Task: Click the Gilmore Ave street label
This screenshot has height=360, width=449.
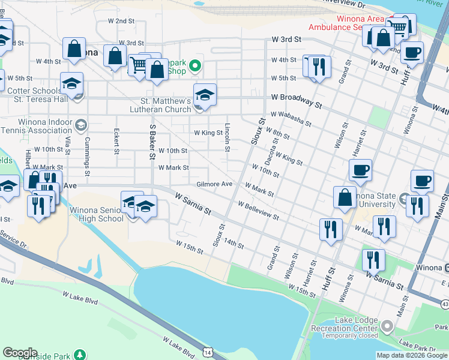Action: [x=214, y=184]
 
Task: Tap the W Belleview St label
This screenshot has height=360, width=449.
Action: [x=258, y=211]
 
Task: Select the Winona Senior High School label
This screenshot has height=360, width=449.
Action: [x=97, y=214]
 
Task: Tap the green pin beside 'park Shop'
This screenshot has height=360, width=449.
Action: [x=194, y=65]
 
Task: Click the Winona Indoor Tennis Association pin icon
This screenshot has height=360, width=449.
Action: [x=80, y=126]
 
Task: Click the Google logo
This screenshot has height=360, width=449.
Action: [x=20, y=353]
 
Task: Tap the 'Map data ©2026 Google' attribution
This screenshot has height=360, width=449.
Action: [x=412, y=355]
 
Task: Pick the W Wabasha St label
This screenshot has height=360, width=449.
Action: [x=291, y=118]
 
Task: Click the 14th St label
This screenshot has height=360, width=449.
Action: [x=234, y=243]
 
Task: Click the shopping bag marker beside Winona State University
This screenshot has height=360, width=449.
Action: [x=346, y=197]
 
